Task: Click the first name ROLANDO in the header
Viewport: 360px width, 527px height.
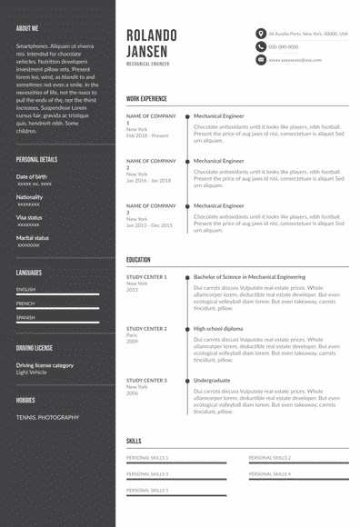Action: (152, 35)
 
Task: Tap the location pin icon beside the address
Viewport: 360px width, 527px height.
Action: (261, 33)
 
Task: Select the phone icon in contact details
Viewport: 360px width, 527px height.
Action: (261, 46)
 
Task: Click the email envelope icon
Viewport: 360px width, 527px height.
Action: (261, 60)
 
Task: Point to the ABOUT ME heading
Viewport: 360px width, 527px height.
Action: (27, 28)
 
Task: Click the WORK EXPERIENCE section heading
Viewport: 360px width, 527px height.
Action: (146, 97)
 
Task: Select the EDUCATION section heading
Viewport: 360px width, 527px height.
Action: (138, 260)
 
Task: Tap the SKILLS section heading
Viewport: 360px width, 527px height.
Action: (134, 441)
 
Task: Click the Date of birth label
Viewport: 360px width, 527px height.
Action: (32, 176)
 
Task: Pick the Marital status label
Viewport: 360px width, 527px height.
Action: (33, 237)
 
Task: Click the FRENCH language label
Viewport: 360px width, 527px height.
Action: (25, 303)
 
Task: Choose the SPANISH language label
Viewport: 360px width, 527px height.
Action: (25, 317)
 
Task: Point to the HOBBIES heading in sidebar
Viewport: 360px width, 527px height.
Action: (25, 399)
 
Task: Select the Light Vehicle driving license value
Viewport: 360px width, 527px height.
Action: (32, 372)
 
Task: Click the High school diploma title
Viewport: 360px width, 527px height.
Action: (218, 328)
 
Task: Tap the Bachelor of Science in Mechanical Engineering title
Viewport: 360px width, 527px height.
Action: (249, 276)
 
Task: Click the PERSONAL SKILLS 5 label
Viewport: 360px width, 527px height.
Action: (147, 490)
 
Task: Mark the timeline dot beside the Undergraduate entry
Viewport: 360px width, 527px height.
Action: (187, 380)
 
